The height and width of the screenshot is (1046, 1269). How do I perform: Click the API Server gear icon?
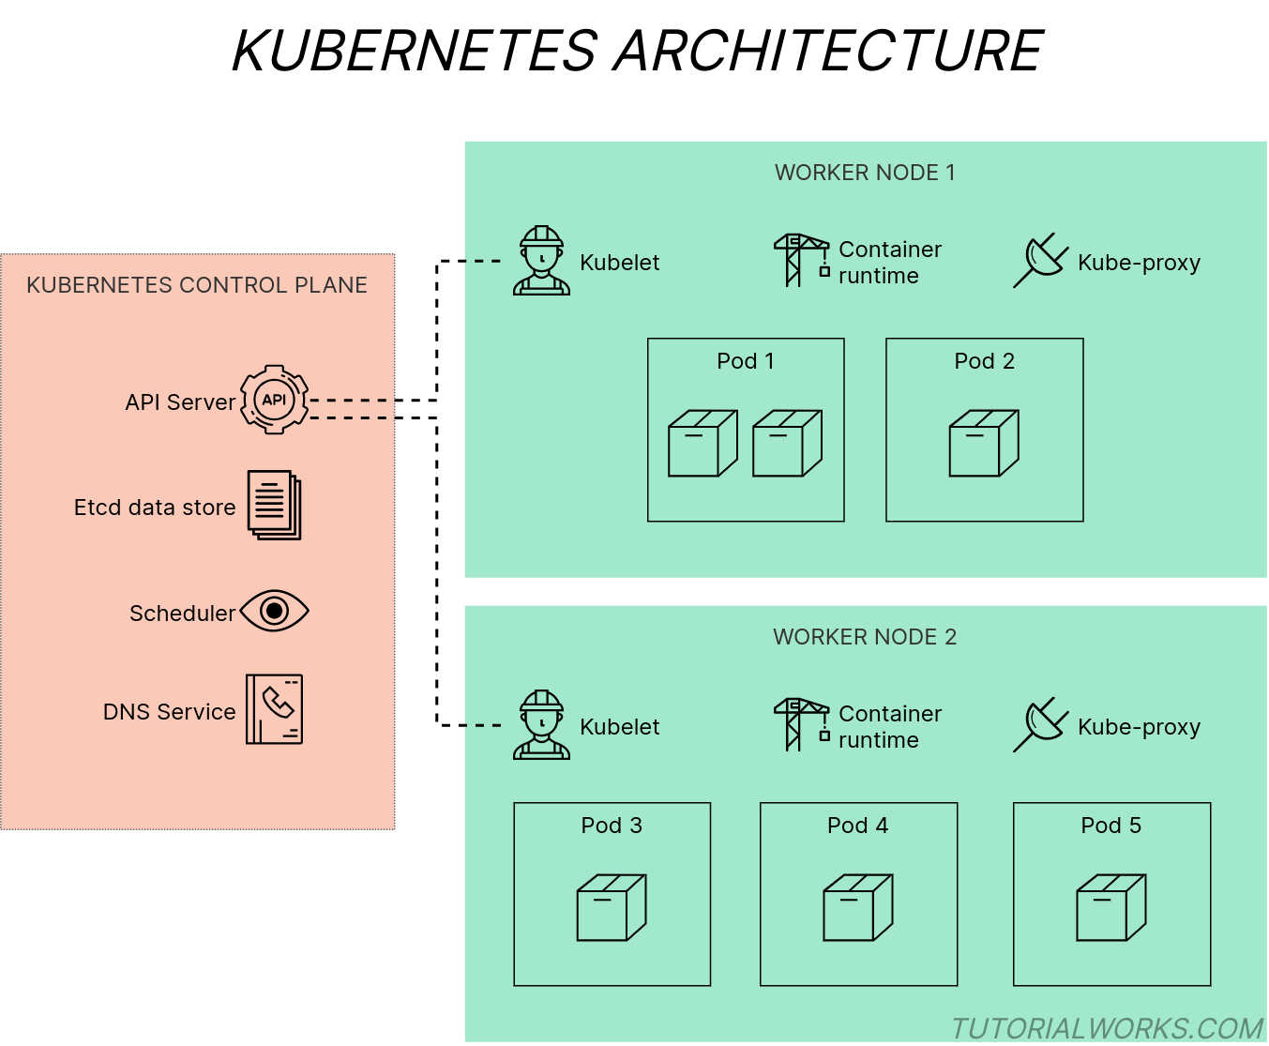click(x=274, y=400)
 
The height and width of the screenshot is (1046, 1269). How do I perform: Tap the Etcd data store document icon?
click(x=274, y=506)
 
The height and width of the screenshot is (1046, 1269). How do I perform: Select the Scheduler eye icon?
click(x=274, y=612)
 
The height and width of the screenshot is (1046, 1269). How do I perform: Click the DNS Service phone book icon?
click(x=274, y=709)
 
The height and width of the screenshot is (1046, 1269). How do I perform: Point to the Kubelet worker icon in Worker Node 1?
click(x=541, y=261)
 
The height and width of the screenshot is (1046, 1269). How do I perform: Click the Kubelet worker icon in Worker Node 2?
click(x=541, y=725)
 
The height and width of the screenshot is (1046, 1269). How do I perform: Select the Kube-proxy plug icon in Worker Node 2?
click(x=1040, y=724)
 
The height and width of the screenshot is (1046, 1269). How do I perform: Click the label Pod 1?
click(x=746, y=361)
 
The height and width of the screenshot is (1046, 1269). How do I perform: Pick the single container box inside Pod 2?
click(x=984, y=443)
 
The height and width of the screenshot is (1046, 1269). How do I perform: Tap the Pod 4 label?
click(x=857, y=826)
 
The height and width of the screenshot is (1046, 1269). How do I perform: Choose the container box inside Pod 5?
click(x=1111, y=907)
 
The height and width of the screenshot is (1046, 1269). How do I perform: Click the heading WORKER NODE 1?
click(x=865, y=173)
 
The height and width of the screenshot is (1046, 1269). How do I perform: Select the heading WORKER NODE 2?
click(x=865, y=637)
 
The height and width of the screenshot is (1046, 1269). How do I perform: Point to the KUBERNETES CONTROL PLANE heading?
click(x=197, y=285)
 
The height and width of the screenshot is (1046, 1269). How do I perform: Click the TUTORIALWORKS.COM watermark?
click(x=1107, y=1028)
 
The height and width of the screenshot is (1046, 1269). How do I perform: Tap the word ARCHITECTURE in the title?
click(x=828, y=51)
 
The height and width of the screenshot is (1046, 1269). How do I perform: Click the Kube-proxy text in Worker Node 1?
click(x=1139, y=263)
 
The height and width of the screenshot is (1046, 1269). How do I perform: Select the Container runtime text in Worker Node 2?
click(x=889, y=727)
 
